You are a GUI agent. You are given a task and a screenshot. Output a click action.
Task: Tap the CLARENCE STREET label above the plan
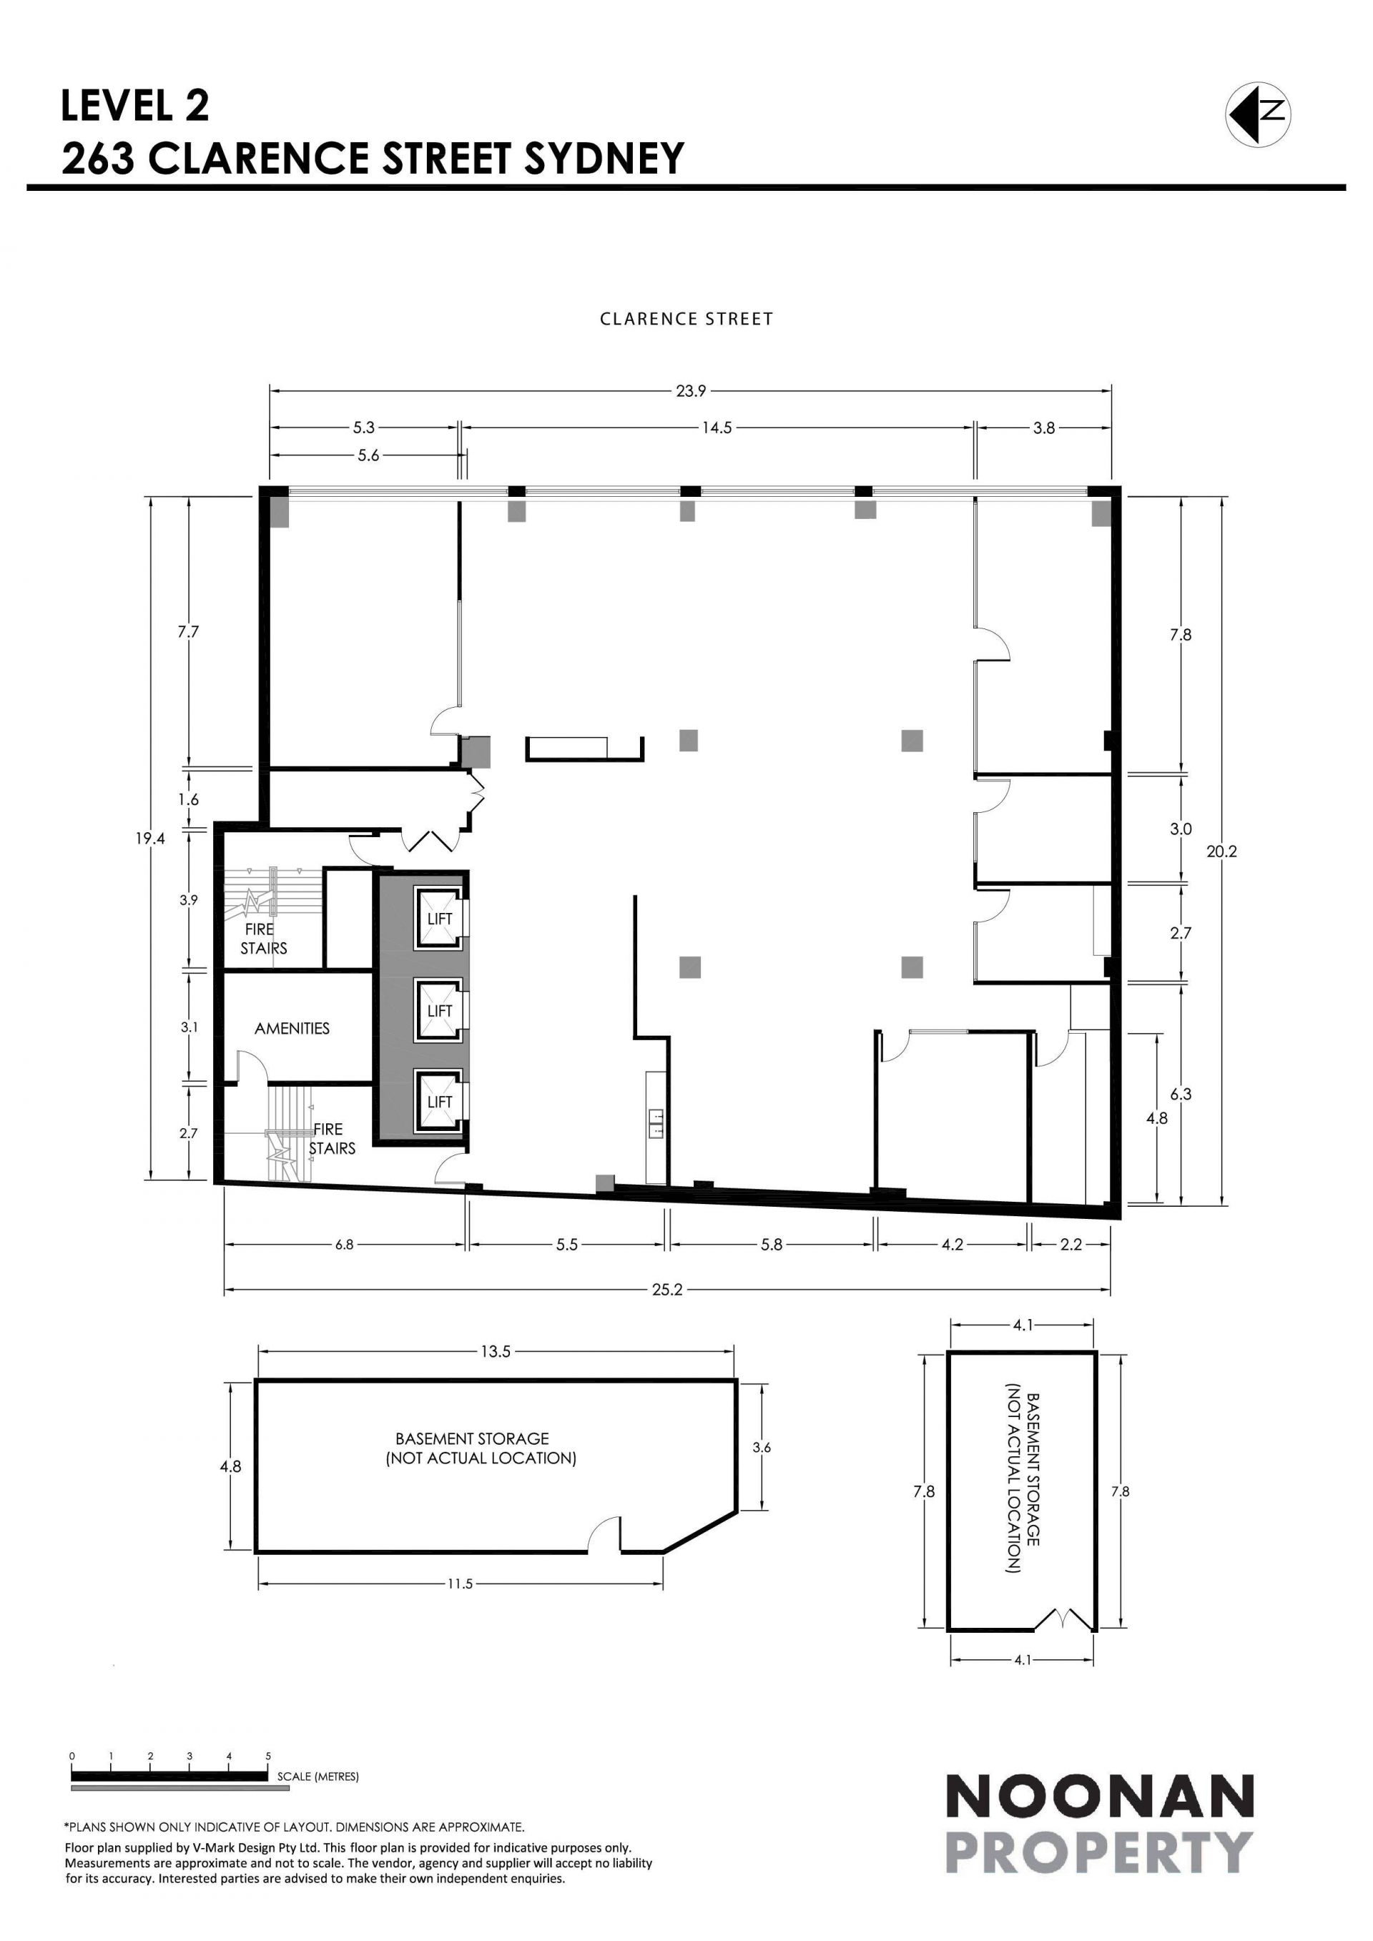pos(686,319)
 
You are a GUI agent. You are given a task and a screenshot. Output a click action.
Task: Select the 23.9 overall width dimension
pos(691,390)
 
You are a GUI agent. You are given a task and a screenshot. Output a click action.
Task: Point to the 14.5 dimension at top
pos(716,428)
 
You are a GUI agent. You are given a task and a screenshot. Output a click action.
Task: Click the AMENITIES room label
pos(292,1029)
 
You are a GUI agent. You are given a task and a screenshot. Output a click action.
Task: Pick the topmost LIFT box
pos(440,918)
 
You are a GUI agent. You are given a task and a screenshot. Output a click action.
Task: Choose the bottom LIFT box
pos(440,1102)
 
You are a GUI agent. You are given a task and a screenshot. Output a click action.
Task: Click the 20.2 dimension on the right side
pos(1221,851)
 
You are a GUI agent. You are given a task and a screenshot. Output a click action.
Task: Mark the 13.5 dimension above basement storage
pos(496,1352)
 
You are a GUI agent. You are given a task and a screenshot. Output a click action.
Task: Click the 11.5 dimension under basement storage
pos(460,1584)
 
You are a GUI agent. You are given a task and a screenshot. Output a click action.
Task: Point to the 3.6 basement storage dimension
pos(762,1471)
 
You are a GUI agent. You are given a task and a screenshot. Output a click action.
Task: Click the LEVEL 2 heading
pos(135,107)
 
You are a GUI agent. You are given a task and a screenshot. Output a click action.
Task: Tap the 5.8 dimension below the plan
pos(772,1245)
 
